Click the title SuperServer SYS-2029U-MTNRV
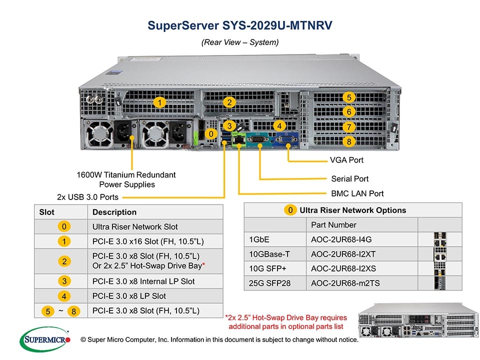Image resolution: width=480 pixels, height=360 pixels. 240,25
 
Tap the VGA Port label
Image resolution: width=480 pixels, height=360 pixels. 346,160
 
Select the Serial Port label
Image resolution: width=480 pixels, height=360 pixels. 349,178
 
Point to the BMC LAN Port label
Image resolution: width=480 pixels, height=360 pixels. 357,193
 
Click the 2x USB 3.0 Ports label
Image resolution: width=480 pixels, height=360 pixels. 87,196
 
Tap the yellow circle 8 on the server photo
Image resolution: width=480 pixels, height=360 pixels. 349,141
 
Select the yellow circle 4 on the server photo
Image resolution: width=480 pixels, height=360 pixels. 279,126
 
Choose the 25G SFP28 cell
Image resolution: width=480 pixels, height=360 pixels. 269,283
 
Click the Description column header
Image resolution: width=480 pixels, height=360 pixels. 114,212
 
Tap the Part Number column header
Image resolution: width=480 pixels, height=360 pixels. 333,224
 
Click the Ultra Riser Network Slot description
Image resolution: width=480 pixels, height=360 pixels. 135,226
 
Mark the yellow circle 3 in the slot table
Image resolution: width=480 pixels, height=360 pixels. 64,281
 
